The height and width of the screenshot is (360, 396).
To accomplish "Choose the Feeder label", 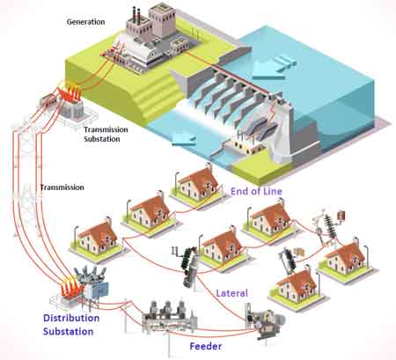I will tap(204, 347).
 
